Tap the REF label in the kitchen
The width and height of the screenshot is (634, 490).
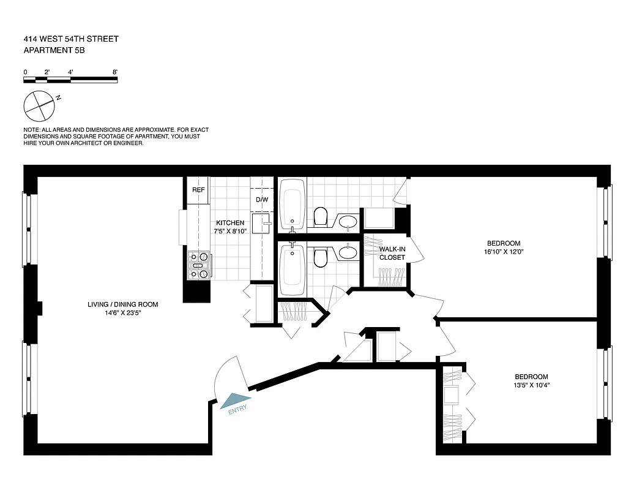click(198, 190)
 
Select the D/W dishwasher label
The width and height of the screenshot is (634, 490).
click(261, 200)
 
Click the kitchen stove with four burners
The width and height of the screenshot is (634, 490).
click(199, 265)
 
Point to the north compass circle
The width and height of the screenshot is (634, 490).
click(40, 105)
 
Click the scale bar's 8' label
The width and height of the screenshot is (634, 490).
click(114, 72)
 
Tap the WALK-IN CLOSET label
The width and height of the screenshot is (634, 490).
click(392, 254)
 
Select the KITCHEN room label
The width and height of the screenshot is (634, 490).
click(229, 223)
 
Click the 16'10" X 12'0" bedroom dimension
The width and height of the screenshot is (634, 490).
click(504, 251)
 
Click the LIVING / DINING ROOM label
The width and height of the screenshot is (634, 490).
click(122, 304)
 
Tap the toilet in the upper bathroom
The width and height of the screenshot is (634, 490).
click(320, 216)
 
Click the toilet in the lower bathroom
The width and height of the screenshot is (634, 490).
click(320, 257)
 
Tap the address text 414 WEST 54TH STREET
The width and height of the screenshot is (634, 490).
click(71, 39)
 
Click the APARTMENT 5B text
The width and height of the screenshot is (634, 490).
click(54, 51)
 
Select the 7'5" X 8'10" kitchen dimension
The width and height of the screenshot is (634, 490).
click(229, 232)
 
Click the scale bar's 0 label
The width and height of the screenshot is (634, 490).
click(25, 72)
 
